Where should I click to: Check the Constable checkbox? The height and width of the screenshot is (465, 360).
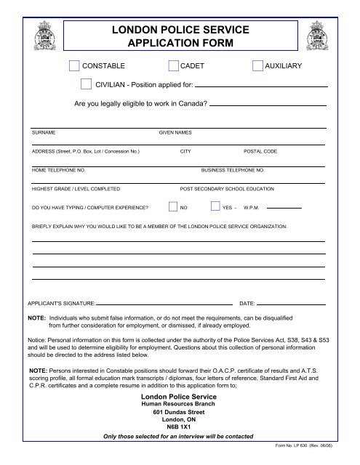[x=73, y=66]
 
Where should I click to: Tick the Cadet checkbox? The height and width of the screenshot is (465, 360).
[x=173, y=66]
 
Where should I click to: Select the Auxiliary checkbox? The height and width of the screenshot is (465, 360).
[x=257, y=66]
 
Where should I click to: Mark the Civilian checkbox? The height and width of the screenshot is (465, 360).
[x=87, y=84]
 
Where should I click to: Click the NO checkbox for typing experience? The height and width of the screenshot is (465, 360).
[x=173, y=206]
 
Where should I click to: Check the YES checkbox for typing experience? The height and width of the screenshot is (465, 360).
[x=215, y=206]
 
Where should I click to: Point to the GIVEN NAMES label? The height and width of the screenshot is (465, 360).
[x=175, y=134]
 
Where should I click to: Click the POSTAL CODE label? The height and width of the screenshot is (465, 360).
[x=259, y=152]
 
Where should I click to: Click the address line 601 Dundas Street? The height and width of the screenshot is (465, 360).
[x=179, y=412]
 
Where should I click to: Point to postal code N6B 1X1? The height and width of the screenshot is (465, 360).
[x=179, y=426]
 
